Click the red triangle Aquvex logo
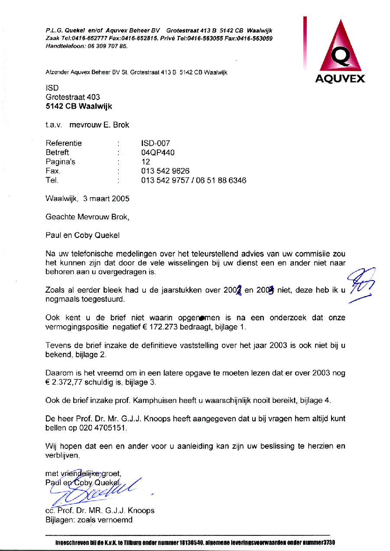339,48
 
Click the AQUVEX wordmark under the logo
340,79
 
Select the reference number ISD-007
156,143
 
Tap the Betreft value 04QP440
158,152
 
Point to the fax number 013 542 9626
165,171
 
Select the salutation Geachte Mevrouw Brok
88,217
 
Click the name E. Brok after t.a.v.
115,125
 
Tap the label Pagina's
60,162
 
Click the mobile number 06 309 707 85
107,46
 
